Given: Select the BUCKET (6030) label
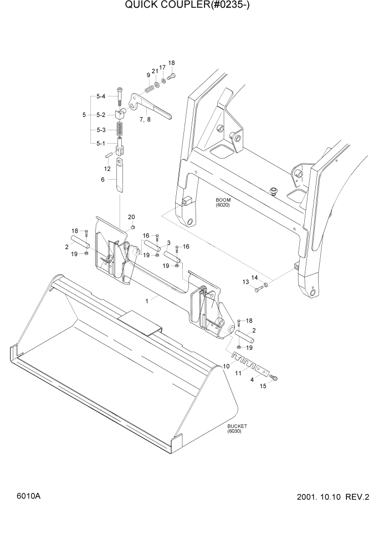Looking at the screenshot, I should coord(237,429).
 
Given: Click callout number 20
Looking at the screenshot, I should coord(131,217).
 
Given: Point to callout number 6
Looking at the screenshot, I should coord(102,180).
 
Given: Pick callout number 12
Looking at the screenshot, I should coord(108,168).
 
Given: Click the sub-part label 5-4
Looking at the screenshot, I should coord(100,96).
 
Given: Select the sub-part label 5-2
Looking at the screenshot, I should coord(100,115).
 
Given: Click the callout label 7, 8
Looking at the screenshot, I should coord(145,119).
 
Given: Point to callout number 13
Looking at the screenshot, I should coord(245,282).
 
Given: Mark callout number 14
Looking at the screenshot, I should coord(254,277).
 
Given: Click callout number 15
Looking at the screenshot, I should coord(263,386).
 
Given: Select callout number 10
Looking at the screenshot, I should coord(226,366).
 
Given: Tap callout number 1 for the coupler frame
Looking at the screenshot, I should coord(147,301).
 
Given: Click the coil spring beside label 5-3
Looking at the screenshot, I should coord(120,131).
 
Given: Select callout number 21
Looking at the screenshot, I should coord(155,71).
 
